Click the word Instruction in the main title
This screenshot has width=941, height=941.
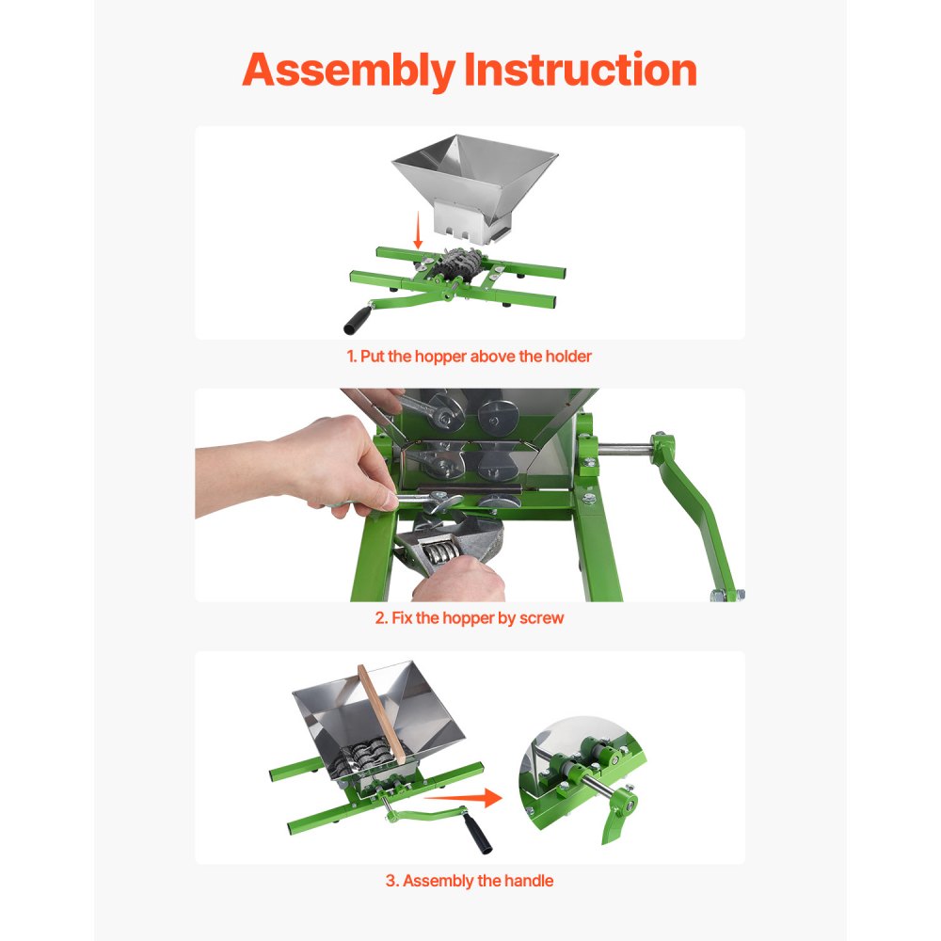582,71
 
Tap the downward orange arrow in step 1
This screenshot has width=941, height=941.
418,230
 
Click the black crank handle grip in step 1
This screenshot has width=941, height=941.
356,318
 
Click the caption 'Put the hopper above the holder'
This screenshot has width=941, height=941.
476,357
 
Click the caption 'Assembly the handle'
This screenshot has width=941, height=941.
470,882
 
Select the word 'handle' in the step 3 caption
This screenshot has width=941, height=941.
529,882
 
